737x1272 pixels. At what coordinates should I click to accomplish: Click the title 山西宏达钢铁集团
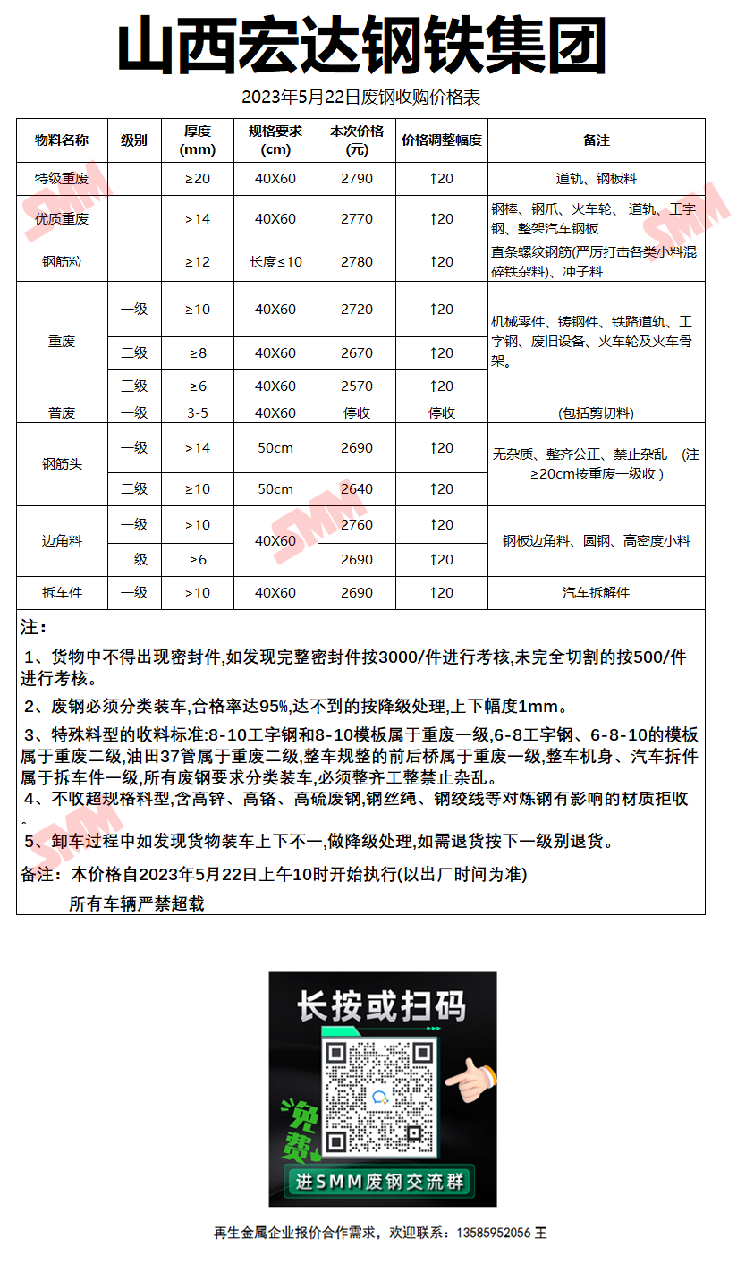pyautogui.click(x=362, y=47)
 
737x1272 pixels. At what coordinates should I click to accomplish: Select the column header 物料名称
pyautogui.click(x=62, y=140)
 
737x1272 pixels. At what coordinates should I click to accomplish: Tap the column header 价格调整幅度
pyautogui.click(x=442, y=140)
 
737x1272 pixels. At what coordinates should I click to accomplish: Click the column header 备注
pyautogui.click(x=596, y=140)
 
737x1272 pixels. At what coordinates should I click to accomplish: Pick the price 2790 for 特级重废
pyautogui.click(x=357, y=179)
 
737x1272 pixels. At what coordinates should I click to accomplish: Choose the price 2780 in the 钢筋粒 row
pyautogui.click(x=357, y=262)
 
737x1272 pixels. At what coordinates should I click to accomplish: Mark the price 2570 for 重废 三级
pyautogui.click(x=357, y=386)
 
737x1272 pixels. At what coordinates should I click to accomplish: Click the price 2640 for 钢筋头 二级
pyautogui.click(x=357, y=489)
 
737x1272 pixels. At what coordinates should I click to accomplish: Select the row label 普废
pyautogui.click(x=62, y=413)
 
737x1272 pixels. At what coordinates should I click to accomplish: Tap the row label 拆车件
pyautogui.click(x=62, y=593)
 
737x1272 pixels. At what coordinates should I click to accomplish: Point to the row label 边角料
pyautogui.click(x=62, y=541)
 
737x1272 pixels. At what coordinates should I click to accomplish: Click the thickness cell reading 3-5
pyautogui.click(x=198, y=413)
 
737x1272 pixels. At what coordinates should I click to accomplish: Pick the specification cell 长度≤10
pyautogui.click(x=275, y=262)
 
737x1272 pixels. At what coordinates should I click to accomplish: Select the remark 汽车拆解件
pyautogui.click(x=596, y=593)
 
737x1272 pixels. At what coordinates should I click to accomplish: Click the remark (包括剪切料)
pyautogui.click(x=596, y=413)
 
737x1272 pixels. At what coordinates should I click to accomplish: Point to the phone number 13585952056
pyautogui.click(x=493, y=1233)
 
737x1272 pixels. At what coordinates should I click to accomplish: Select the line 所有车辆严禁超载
pyautogui.click(x=137, y=904)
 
